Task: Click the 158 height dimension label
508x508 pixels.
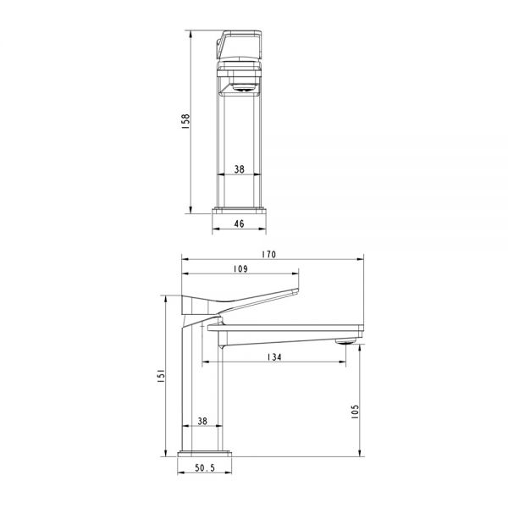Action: [x=185, y=121]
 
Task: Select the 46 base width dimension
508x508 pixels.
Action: [x=239, y=224]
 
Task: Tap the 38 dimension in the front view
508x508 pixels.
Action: [x=240, y=169]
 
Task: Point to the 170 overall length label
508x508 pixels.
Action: [x=269, y=254]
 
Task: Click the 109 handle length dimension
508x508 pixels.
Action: [x=240, y=269]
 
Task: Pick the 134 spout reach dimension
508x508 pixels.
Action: [x=274, y=357]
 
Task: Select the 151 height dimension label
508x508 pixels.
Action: [x=161, y=376]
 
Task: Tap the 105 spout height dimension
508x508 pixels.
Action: [x=355, y=411]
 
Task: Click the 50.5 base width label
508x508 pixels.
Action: [x=205, y=468]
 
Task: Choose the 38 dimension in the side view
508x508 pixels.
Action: [x=202, y=421]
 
